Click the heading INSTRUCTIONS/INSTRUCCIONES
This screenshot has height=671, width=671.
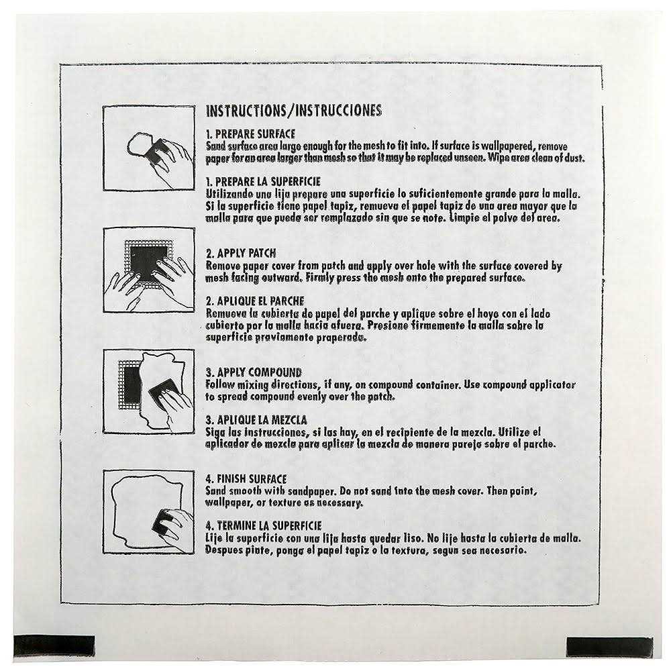tap(293, 111)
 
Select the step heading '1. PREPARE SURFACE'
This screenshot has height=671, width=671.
tap(250, 134)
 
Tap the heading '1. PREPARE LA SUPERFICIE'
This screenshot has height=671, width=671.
tap(263, 182)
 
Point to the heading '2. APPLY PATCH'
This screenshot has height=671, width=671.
tap(241, 254)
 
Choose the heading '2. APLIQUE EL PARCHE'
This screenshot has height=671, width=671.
tap(255, 301)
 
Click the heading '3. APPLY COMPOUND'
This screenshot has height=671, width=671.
tap(254, 372)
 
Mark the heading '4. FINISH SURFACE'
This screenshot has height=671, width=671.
tap(246, 479)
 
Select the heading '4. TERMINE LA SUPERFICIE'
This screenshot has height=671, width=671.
tap(264, 525)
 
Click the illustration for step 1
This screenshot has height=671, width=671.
tap(149, 148)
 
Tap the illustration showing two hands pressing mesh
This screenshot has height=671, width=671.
tap(149, 270)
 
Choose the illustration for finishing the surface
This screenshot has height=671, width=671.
tap(149, 512)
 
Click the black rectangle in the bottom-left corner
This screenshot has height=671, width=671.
tap(54, 646)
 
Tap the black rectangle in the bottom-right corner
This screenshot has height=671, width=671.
tap(609, 646)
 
